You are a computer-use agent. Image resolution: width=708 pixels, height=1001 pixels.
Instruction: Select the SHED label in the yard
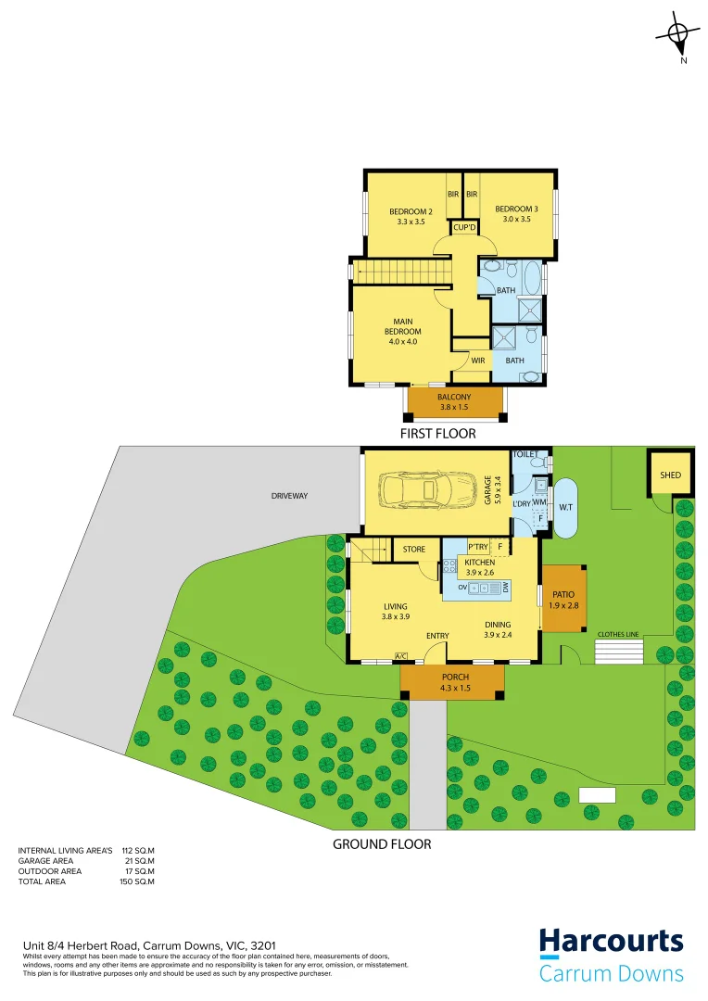click(670, 475)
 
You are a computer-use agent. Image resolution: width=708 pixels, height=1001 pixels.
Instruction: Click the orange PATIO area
click(564, 599)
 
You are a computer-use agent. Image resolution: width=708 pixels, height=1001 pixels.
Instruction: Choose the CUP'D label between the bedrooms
click(464, 228)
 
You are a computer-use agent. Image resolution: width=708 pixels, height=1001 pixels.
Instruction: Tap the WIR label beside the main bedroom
click(478, 361)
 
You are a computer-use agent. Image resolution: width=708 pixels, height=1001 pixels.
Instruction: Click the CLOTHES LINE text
click(618, 634)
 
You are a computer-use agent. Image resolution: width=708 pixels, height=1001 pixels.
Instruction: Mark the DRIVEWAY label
click(289, 496)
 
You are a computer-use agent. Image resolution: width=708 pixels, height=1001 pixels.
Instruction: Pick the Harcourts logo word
click(612, 944)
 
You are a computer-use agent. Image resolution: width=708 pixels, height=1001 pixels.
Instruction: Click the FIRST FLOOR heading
click(438, 433)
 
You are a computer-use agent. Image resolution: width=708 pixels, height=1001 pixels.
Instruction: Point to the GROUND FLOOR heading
click(382, 844)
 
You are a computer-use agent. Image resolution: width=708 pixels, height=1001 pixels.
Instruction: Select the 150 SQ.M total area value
click(136, 881)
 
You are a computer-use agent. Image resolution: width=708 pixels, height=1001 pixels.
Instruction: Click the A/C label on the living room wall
click(401, 656)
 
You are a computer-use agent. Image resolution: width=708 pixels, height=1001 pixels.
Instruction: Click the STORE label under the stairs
click(414, 550)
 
